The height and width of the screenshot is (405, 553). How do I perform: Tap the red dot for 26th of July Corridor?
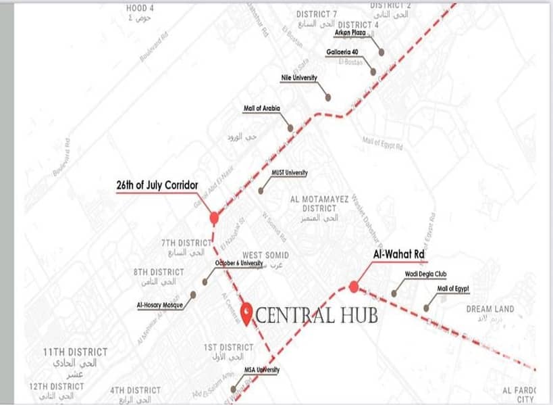(214, 218)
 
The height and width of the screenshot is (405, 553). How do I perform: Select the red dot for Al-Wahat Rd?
(354, 287)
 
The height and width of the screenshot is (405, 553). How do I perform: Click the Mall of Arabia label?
(261, 108)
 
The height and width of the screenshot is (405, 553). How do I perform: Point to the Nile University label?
(298, 78)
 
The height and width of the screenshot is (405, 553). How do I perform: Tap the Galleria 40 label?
(342, 52)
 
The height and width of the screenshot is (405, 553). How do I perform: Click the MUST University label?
(289, 173)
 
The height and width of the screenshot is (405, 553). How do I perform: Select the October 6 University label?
(238, 263)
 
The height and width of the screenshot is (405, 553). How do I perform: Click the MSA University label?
(261, 370)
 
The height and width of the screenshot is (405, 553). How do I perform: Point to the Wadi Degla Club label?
(423, 275)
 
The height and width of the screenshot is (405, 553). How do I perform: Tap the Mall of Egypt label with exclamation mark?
(453, 289)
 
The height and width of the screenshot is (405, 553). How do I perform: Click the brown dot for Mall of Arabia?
(290, 128)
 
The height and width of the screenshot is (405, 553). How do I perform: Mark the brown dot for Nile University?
(328, 97)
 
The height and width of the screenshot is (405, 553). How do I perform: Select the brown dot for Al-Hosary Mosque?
(193, 295)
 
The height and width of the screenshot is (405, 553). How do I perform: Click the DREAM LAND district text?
(490, 309)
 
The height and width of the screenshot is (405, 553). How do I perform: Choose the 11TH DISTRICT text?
(75, 352)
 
